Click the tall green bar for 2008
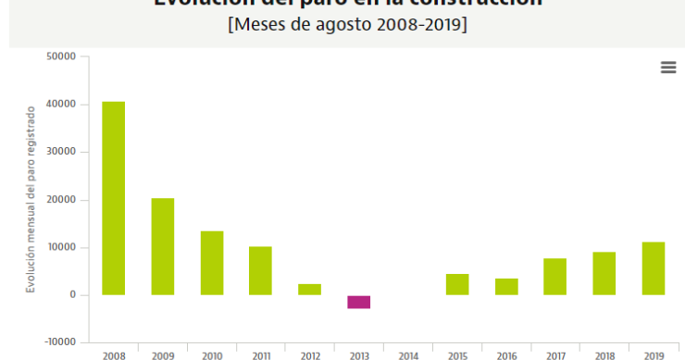tap(114, 198)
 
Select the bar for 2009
tap(163, 246)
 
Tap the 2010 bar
tap(212, 263)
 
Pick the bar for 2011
tap(261, 270)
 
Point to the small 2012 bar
tap(310, 289)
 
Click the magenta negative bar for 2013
tap(359, 302)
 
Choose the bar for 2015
tap(457, 284)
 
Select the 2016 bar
tap(506, 287)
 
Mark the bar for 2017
tap(555, 277)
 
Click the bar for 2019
tap(654, 268)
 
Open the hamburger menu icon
tap(668, 68)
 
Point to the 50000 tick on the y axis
tap(62, 56)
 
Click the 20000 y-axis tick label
tap(62, 200)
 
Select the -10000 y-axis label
tap(59, 342)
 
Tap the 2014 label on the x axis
tap(408, 354)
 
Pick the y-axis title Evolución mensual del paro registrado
tap(30, 200)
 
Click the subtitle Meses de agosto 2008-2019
tap(347, 25)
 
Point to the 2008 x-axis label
tap(114, 354)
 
